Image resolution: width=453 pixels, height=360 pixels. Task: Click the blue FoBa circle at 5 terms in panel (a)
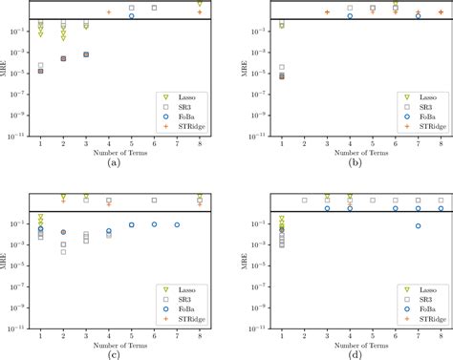tap(131, 16)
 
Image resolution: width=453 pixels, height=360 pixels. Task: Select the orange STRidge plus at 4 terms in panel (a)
tap(109, 12)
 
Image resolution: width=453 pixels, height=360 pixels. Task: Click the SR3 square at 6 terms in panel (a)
tap(154, 8)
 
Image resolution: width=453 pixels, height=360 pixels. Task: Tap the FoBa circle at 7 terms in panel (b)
tap(418, 16)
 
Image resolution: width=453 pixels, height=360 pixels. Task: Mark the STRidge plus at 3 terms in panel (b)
tap(327, 12)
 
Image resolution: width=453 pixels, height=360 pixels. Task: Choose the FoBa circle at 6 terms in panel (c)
tap(154, 224)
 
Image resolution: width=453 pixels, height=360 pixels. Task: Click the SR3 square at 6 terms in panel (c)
tap(154, 201)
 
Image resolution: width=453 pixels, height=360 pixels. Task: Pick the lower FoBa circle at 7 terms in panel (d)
tap(418, 225)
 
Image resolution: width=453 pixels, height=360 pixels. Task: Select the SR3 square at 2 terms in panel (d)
tap(304, 201)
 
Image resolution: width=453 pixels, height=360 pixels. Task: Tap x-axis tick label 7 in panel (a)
tap(177, 143)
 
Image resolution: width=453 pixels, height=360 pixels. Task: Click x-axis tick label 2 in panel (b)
tap(304, 143)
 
